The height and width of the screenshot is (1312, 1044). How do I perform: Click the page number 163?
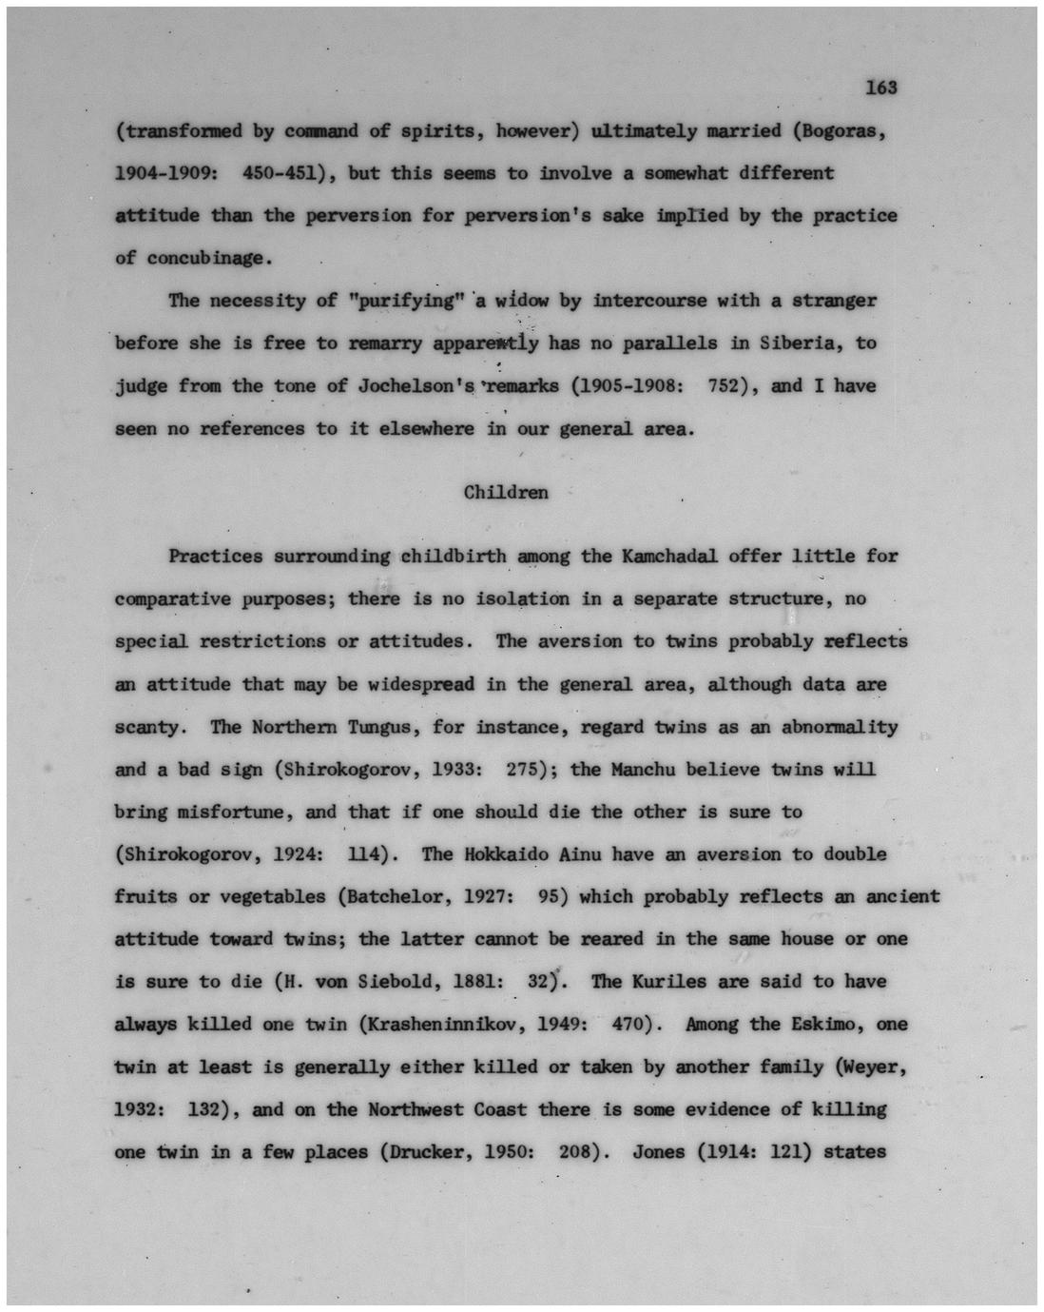point(881,88)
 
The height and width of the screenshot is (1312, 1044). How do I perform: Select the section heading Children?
point(505,492)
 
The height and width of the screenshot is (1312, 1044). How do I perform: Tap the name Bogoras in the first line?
point(845,130)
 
